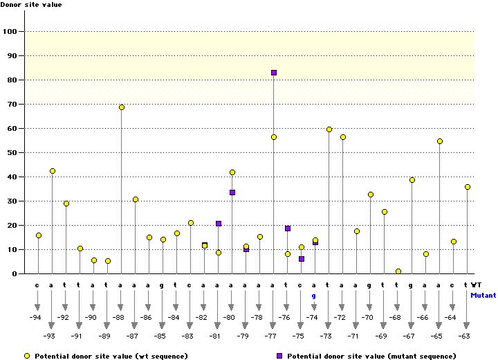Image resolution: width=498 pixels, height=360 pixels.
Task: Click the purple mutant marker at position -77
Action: [274, 73]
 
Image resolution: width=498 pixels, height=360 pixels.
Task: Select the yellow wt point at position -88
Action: [122, 107]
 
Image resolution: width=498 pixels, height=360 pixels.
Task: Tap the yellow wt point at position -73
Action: [329, 129]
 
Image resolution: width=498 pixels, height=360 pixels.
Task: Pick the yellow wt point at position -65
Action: [440, 141]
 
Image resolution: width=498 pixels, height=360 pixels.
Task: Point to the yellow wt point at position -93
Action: [53, 171]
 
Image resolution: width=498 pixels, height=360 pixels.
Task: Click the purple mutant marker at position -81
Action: [219, 224]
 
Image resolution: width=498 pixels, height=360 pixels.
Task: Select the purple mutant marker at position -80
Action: [232, 192]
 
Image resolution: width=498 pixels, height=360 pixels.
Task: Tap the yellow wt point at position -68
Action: [398, 271]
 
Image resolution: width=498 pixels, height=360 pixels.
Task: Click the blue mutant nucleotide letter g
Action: [314, 296]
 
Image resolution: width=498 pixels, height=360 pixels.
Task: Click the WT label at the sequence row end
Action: [477, 285]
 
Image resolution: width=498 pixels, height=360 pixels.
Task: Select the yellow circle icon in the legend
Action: [27, 356]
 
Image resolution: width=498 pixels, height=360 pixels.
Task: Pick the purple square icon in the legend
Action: [281, 356]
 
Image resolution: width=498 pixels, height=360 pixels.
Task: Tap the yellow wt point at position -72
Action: [343, 137]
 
